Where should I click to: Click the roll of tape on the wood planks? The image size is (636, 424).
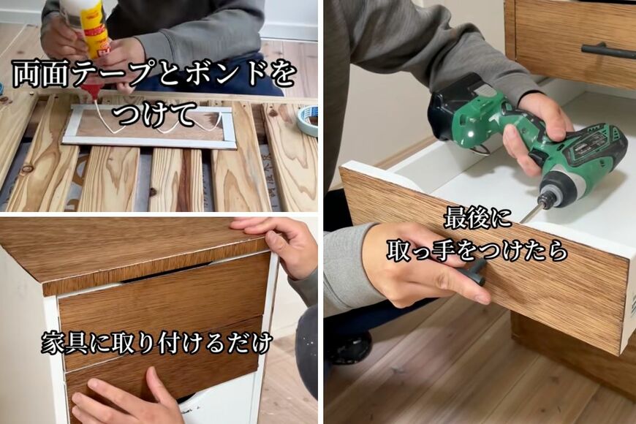[x=308, y=119]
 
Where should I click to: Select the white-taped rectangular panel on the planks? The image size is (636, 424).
[x=150, y=126]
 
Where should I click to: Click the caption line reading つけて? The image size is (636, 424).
[x=155, y=113]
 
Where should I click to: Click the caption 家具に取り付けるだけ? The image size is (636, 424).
[x=157, y=341]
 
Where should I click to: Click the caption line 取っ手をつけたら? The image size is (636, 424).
[x=477, y=250]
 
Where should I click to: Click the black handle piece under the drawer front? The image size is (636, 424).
[x=476, y=273]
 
